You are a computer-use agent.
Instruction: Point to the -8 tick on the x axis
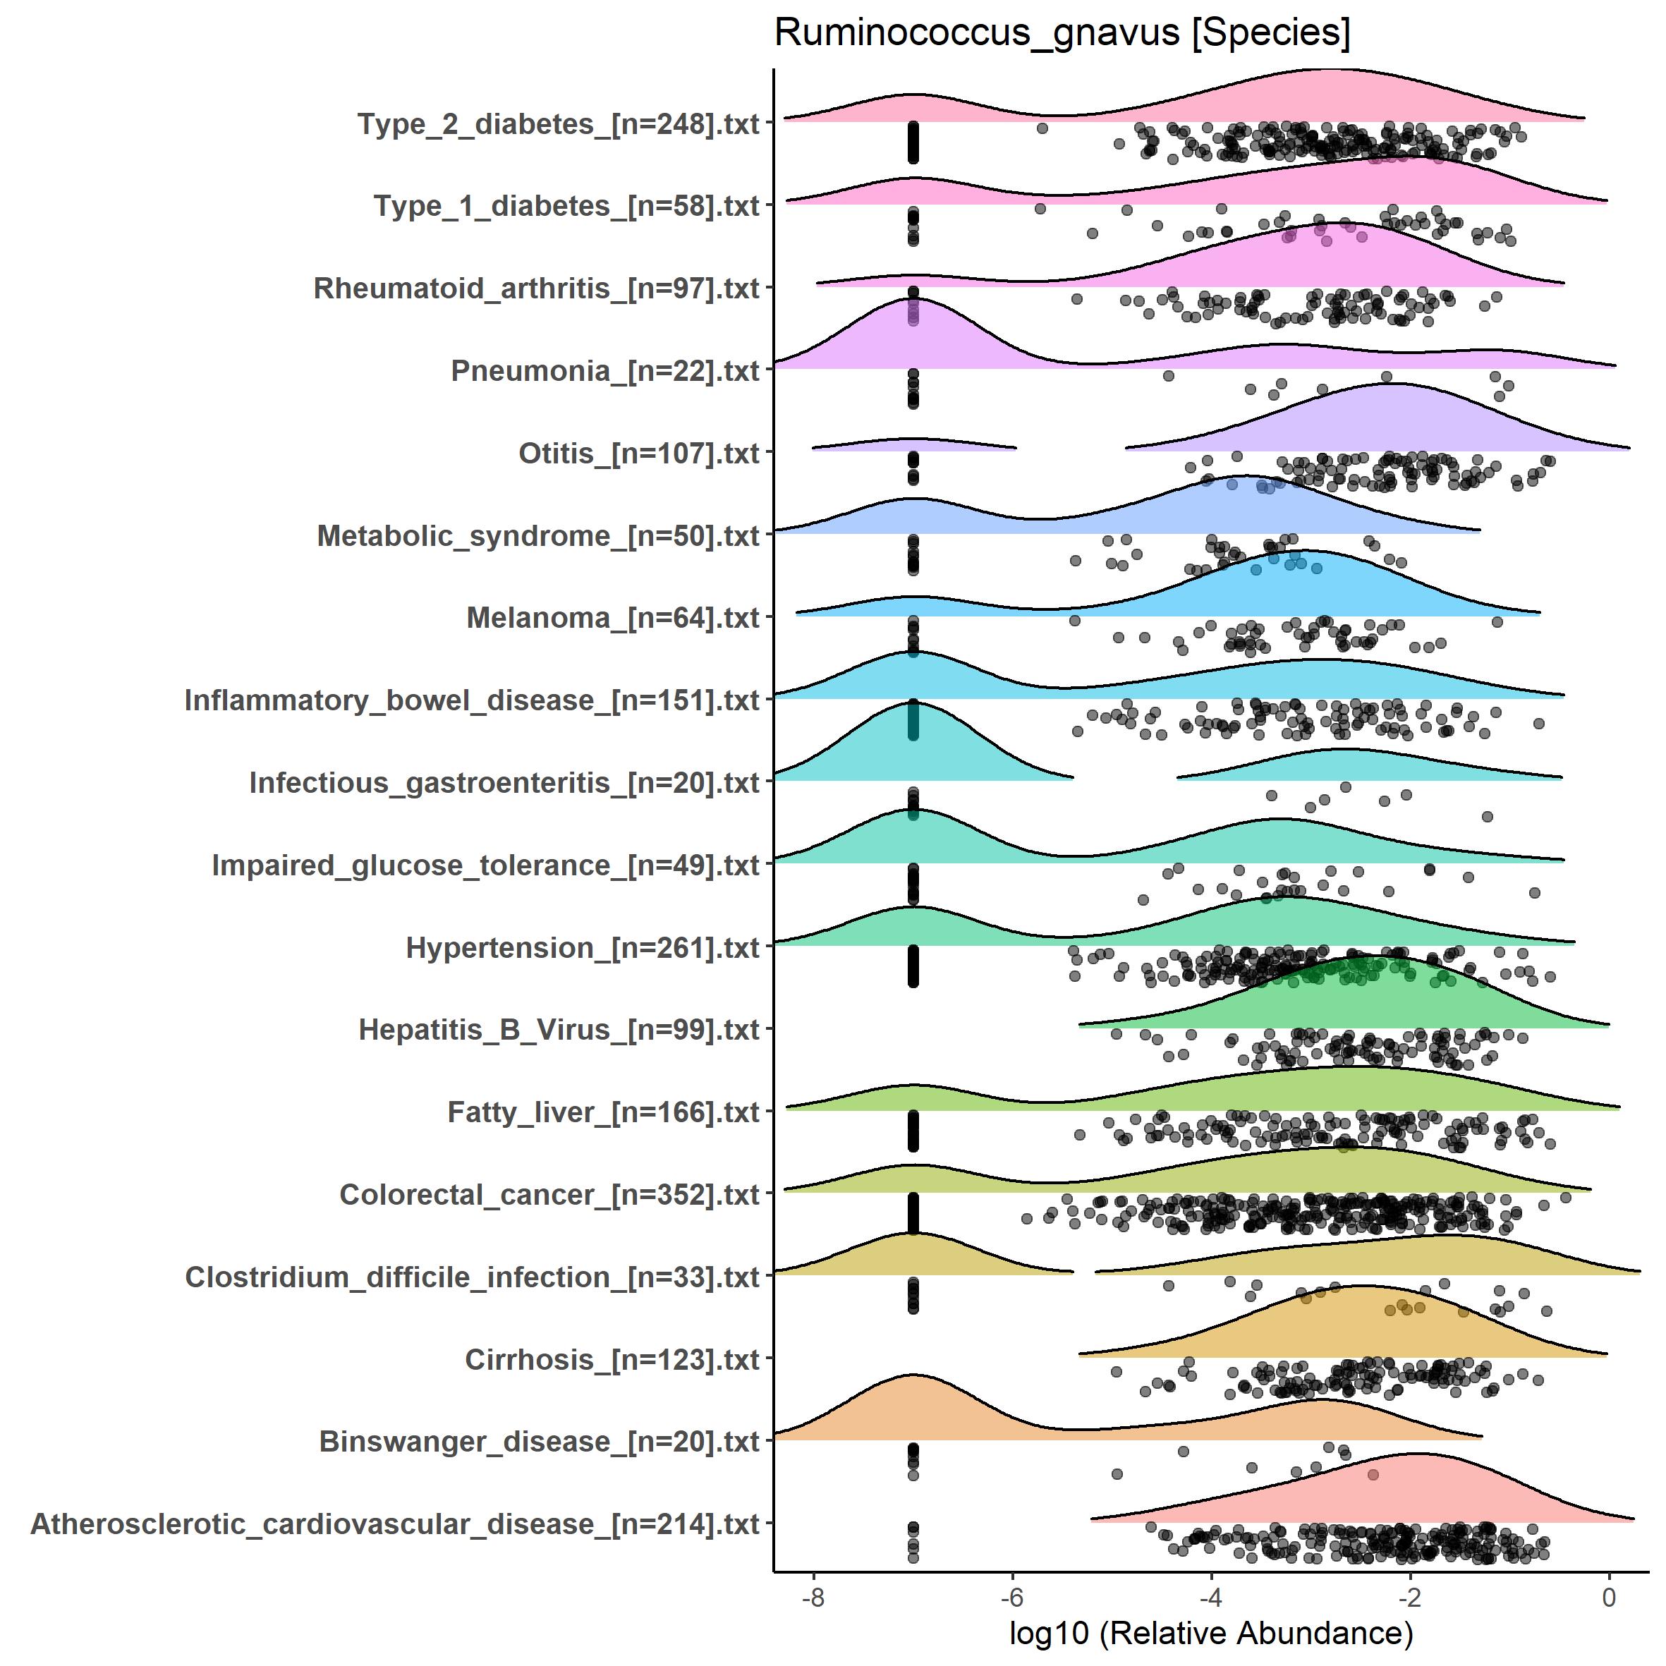[x=813, y=1598]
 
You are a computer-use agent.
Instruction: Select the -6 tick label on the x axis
[x=1011, y=1598]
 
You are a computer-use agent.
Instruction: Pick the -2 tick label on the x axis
[x=1410, y=1598]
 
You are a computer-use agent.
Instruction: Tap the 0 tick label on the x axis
[x=1609, y=1598]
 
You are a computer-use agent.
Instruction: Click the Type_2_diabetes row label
[x=558, y=124]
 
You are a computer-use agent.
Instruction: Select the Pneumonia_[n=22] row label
[x=604, y=371]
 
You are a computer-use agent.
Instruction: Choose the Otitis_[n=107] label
[x=638, y=454]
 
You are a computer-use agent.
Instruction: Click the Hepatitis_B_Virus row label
[x=558, y=1030]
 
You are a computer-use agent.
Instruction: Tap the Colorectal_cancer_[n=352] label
[x=549, y=1194]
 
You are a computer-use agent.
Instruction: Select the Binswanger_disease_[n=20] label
[x=539, y=1442]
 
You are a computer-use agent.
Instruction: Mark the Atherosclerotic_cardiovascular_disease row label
[x=395, y=1524]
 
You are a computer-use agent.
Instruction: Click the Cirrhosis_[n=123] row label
[x=612, y=1360]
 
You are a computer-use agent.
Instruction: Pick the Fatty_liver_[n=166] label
[x=603, y=1112]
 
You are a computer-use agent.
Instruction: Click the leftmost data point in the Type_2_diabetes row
[x=1042, y=128]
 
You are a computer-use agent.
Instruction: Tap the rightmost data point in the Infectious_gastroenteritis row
[x=1487, y=817]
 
